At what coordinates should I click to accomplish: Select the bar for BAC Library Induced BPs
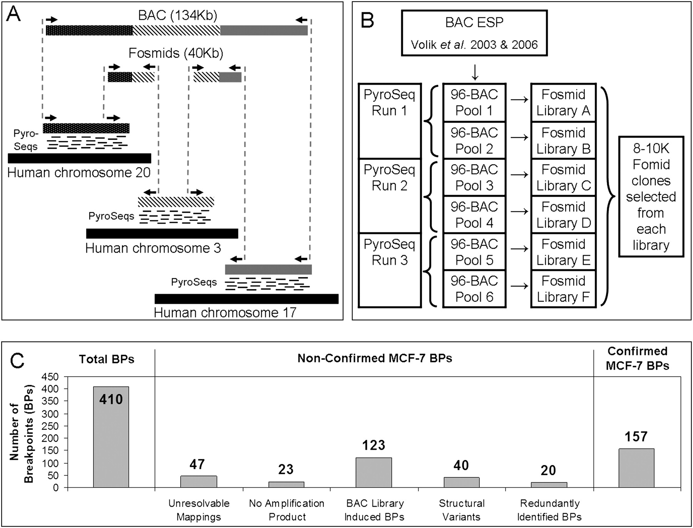pyautogui.click(x=373, y=473)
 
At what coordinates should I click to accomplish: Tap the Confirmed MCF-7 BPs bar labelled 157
pyautogui.click(x=636, y=468)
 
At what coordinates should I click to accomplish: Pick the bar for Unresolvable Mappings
pyautogui.click(x=198, y=482)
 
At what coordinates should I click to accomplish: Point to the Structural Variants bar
pyautogui.click(x=461, y=483)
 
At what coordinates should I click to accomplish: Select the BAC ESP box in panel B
pyautogui.click(x=474, y=33)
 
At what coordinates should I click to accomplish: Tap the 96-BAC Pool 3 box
pyautogui.click(x=474, y=177)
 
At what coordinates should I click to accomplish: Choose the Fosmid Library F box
pyautogui.click(x=563, y=289)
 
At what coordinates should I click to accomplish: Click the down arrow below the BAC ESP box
pyautogui.click(x=475, y=72)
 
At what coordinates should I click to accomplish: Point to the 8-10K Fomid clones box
pyautogui.click(x=651, y=196)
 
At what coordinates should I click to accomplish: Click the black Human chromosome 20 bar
pyautogui.click(x=79, y=158)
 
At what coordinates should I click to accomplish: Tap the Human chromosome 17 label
pyautogui.click(x=225, y=312)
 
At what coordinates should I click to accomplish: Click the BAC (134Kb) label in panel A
pyautogui.click(x=177, y=15)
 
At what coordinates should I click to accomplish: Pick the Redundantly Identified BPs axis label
pyautogui.click(x=549, y=510)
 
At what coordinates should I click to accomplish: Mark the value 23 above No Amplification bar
pyautogui.click(x=286, y=469)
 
